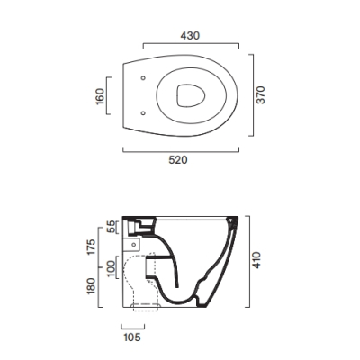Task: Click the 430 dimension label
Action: [x=190, y=36]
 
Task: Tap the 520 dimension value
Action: [x=178, y=160]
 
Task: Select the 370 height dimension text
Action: [x=261, y=95]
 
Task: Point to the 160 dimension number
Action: [x=100, y=96]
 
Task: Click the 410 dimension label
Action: [x=256, y=260]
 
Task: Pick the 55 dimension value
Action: [x=111, y=227]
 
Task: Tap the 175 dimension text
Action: [x=91, y=247]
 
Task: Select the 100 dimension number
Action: [x=111, y=269]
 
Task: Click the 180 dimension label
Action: [x=91, y=286]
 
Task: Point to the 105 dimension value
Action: [x=132, y=337]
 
